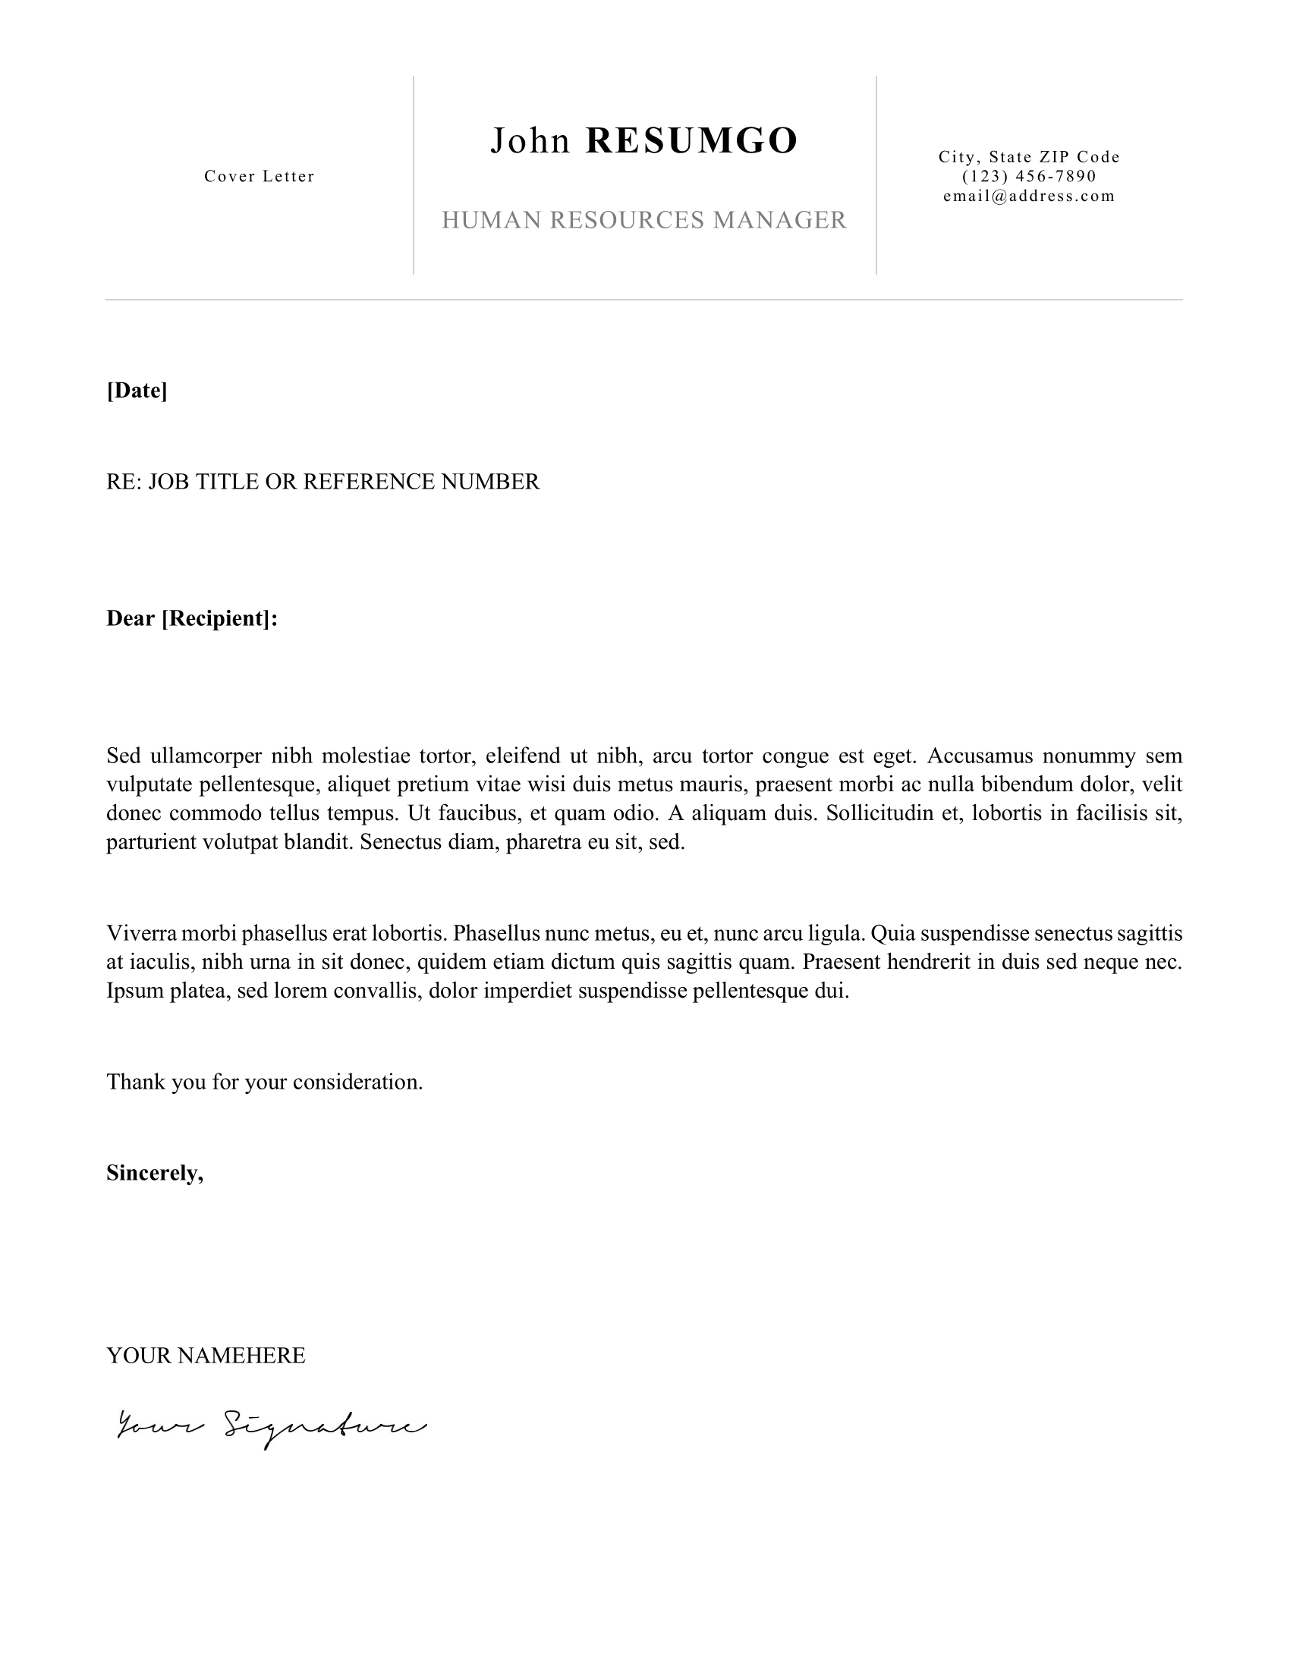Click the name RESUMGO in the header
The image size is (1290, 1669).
(691, 141)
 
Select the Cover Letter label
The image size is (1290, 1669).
(259, 177)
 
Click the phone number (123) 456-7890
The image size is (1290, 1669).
(1029, 177)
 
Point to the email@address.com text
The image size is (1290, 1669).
(1029, 196)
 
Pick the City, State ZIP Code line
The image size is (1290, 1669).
(1029, 158)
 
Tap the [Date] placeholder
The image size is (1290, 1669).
(137, 391)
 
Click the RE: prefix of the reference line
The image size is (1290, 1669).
(124, 482)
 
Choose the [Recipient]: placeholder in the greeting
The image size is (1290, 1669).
(219, 618)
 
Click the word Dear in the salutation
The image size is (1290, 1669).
(131, 618)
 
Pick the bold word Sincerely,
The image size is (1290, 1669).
(155, 1173)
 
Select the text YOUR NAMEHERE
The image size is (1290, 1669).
(206, 1356)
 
